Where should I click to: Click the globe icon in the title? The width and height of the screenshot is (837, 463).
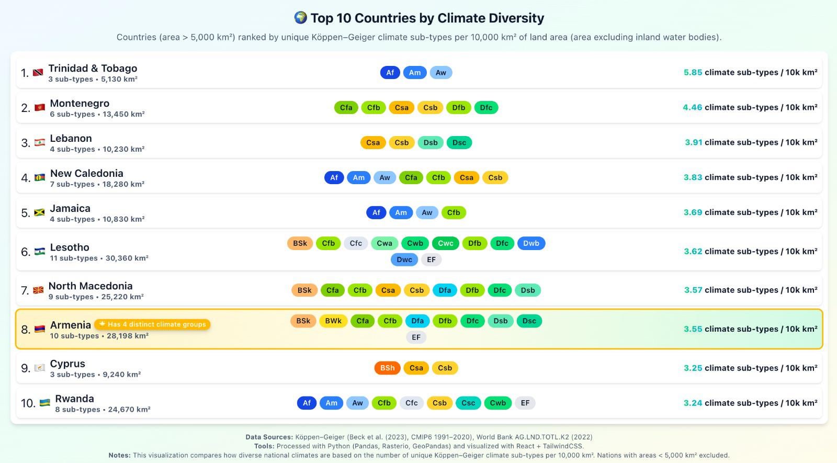click(300, 18)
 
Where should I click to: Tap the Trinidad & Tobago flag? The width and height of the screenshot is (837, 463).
click(38, 73)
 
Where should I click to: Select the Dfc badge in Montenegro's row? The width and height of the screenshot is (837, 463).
click(486, 108)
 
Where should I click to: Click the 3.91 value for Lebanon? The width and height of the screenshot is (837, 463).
click(693, 142)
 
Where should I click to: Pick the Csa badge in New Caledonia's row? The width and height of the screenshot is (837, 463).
click(466, 178)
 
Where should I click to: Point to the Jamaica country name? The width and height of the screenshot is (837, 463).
click(70, 208)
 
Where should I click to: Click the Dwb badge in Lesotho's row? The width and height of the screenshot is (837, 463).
click(531, 243)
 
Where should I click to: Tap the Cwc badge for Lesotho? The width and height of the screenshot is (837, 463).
click(446, 243)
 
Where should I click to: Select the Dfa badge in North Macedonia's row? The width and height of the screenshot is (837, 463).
click(445, 290)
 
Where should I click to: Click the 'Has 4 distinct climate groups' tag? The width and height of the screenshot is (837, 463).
click(152, 324)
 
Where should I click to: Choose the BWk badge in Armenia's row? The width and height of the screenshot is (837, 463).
click(333, 321)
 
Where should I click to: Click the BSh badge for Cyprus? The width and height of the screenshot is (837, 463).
click(388, 368)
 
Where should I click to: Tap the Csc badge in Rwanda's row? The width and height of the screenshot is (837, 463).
click(468, 403)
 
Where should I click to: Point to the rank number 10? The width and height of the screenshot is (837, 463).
click(28, 403)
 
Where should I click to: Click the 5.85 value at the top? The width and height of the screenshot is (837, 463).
click(693, 73)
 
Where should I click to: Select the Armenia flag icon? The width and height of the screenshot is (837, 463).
click(40, 329)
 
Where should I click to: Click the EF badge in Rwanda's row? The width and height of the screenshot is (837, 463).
click(525, 403)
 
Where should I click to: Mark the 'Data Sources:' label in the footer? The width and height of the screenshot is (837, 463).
click(269, 437)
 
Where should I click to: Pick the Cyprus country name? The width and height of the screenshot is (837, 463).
click(67, 364)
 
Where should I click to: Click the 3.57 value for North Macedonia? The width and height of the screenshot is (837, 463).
click(693, 290)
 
